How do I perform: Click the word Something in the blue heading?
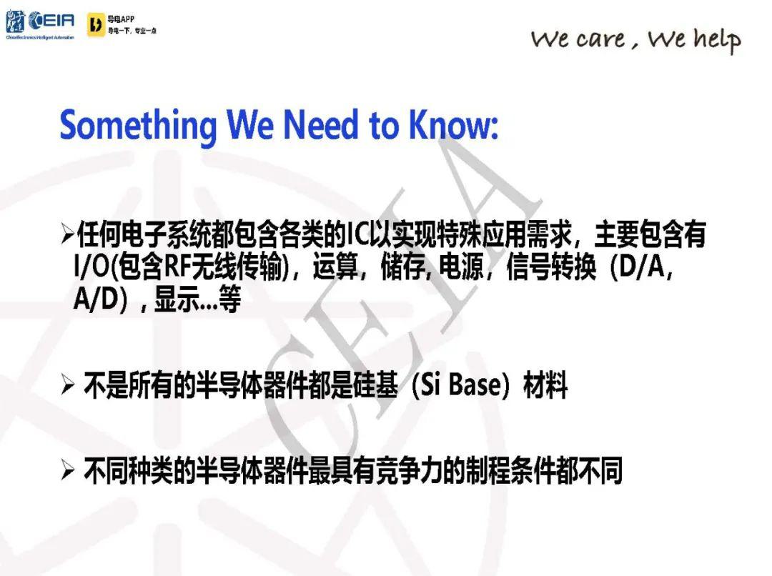[138, 126]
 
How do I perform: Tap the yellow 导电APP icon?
[96, 24]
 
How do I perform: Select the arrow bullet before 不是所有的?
[67, 384]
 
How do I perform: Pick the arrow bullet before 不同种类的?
[67, 470]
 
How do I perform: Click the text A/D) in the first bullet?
[101, 298]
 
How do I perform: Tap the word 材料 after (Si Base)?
[545, 384]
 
